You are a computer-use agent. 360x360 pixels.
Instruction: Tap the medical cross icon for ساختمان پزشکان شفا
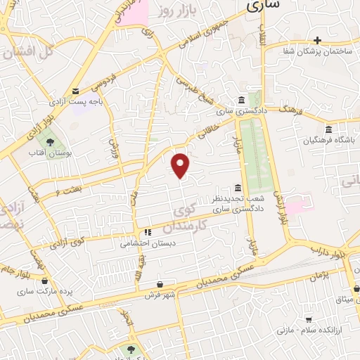click(x=318, y=40)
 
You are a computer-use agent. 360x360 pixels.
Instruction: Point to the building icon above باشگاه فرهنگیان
click(x=329, y=129)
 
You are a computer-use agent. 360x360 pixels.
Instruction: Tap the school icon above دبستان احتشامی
click(x=147, y=232)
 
